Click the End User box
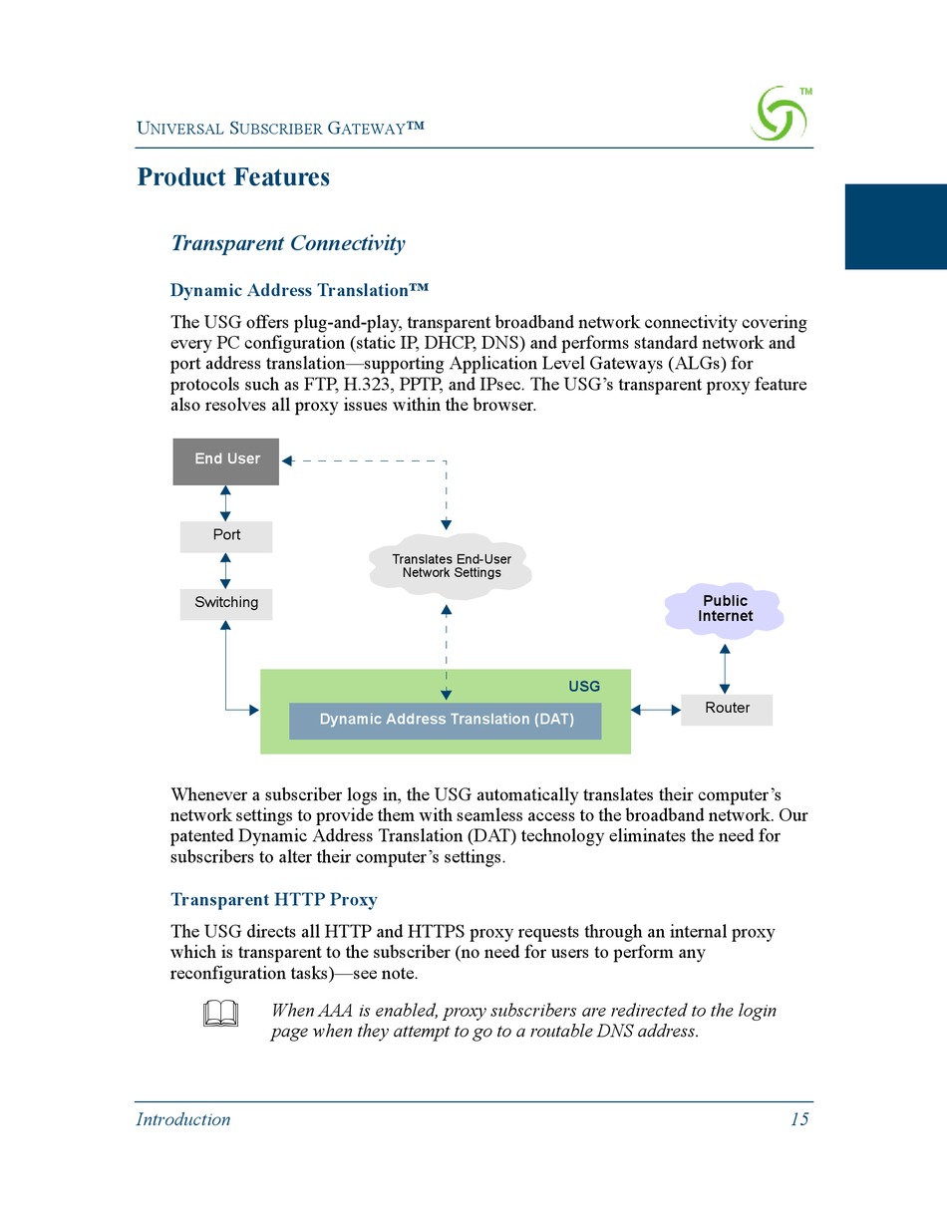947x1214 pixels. (x=226, y=460)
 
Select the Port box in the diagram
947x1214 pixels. (x=226, y=535)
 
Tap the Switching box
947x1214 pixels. (x=226, y=603)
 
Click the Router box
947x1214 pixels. (x=727, y=709)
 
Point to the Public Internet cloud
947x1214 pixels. (x=725, y=609)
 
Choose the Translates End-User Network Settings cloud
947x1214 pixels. (x=451, y=567)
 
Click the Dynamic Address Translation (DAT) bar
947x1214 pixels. (x=446, y=720)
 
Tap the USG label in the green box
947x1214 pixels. (x=584, y=687)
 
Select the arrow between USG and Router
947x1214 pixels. (x=656, y=710)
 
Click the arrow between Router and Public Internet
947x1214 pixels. (x=725, y=668)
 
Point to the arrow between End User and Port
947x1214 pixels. (x=225, y=503)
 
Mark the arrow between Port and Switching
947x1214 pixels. (x=225, y=570)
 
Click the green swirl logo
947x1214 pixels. (x=779, y=114)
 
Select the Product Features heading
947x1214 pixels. (x=233, y=177)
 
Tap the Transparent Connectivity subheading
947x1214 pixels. (x=288, y=243)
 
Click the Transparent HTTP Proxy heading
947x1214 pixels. (x=274, y=899)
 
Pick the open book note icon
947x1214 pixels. (x=220, y=1014)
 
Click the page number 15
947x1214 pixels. (x=799, y=1119)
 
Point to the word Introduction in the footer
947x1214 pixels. (x=183, y=1119)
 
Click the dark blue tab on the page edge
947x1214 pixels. (x=895, y=226)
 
